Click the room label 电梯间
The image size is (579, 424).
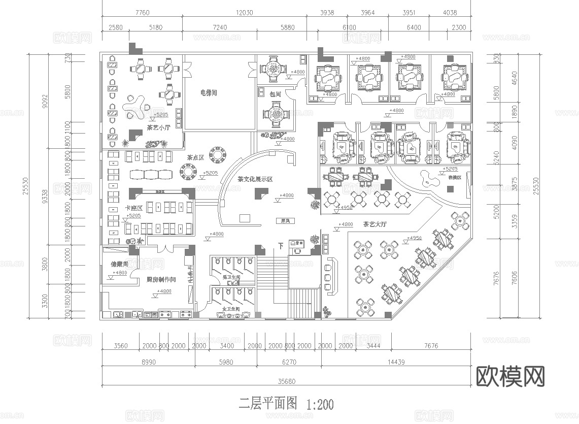coord(209,93)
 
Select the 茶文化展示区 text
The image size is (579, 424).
coord(255,179)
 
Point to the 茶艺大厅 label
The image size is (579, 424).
coord(374,224)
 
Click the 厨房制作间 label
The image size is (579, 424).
coord(161,280)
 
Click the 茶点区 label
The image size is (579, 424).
coord(195,158)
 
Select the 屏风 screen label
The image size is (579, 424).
coord(285,221)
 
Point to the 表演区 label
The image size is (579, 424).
coord(454,178)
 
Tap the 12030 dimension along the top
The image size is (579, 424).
coord(244,12)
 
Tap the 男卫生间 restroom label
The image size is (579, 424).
coord(231,278)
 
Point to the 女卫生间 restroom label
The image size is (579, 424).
coord(231,309)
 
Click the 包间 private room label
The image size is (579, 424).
coord(275,94)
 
